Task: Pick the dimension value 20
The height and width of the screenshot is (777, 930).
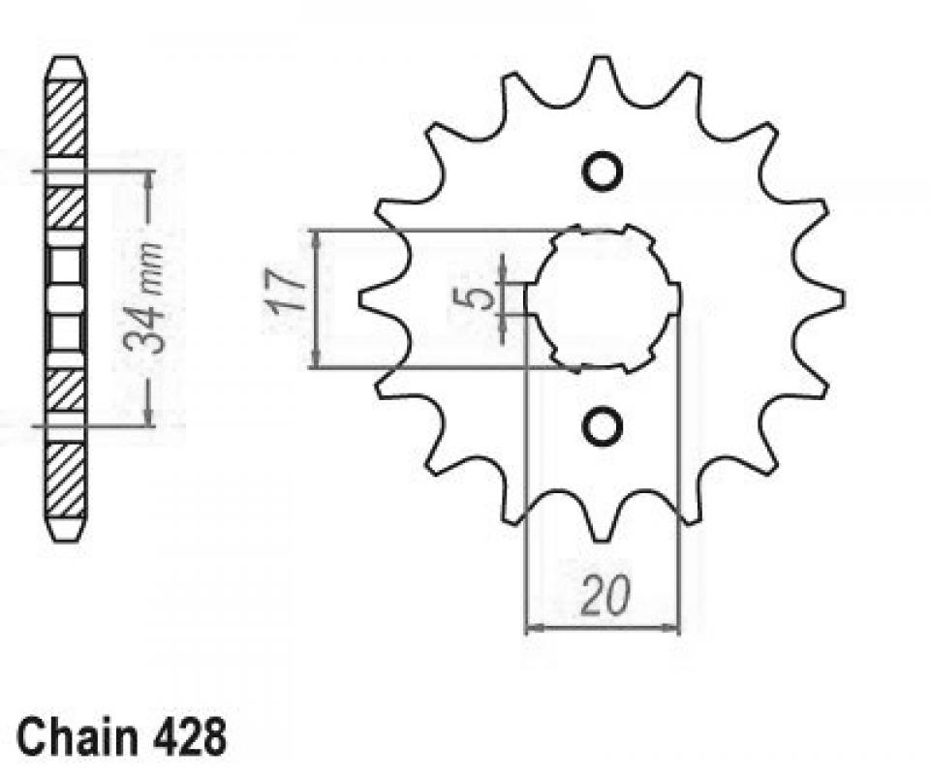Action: tap(604, 595)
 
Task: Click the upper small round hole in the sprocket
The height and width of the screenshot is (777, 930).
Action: tap(602, 171)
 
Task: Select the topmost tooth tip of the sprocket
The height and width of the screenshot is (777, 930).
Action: tap(602, 57)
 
